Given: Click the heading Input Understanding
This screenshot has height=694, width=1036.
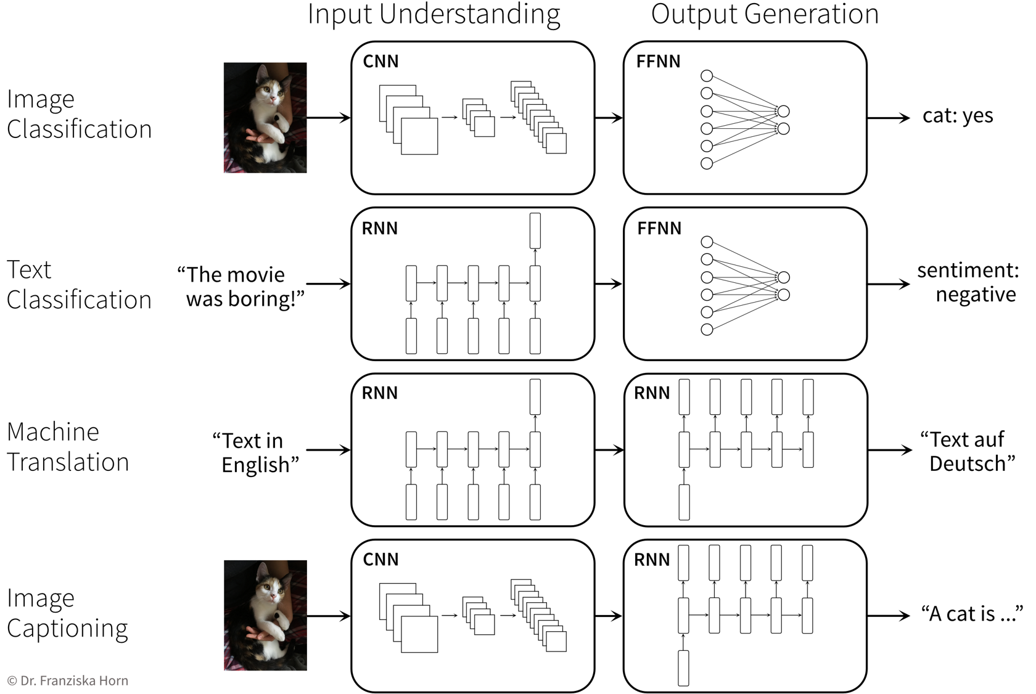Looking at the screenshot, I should click(x=434, y=15).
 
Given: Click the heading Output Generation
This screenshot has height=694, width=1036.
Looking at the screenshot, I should click(x=764, y=15).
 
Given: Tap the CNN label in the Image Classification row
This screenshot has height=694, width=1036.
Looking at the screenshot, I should click(x=380, y=62).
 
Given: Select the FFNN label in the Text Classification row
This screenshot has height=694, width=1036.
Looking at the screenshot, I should click(x=659, y=229).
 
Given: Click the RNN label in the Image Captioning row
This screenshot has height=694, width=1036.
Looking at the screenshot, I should click(x=651, y=560).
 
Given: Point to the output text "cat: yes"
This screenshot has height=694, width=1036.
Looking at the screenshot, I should click(x=957, y=116).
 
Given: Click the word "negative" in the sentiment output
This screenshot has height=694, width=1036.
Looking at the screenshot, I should click(x=975, y=295).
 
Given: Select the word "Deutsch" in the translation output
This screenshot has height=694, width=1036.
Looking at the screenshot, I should click(x=971, y=463).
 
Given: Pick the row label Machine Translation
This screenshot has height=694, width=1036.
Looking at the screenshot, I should click(x=68, y=447).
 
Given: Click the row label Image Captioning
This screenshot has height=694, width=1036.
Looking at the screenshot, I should click(x=67, y=613).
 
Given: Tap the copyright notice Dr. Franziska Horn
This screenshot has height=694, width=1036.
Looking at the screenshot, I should click(x=68, y=680).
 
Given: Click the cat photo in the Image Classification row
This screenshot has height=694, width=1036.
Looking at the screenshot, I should click(x=265, y=117).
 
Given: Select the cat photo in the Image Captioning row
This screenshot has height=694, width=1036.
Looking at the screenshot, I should click(x=265, y=615).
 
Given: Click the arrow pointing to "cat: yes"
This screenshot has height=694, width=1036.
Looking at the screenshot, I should click(x=888, y=118).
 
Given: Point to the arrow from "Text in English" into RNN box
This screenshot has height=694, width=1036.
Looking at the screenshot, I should click(x=328, y=450).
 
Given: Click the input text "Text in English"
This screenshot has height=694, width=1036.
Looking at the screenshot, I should click(x=256, y=452).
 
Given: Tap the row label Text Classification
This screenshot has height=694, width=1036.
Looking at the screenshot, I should click(x=78, y=285).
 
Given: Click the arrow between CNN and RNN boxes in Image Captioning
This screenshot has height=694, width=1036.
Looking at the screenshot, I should click(x=609, y=616).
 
